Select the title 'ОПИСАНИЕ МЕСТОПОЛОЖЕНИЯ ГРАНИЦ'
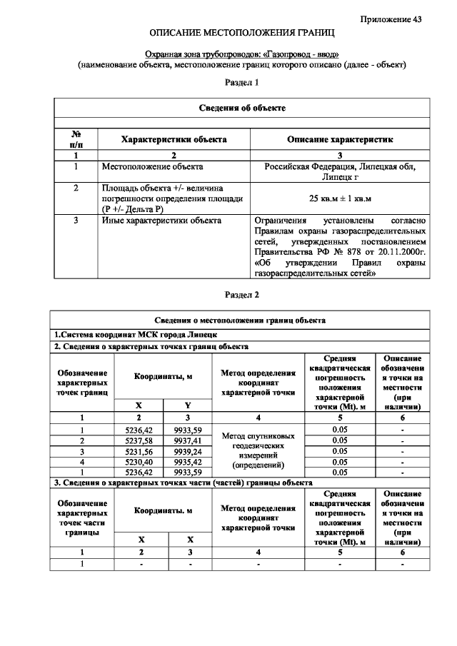pyautogui.click(x=241, y=34)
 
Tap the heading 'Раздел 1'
pyautogui.click(x=241, y=83)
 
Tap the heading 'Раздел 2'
pyautogui.click(x=241, y=294)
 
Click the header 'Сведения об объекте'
pyautogui.click(x=241, y=108)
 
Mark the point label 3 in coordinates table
pyautogui.click(x=82, y=451)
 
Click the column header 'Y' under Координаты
pyautogui.click(x=188, y=405)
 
